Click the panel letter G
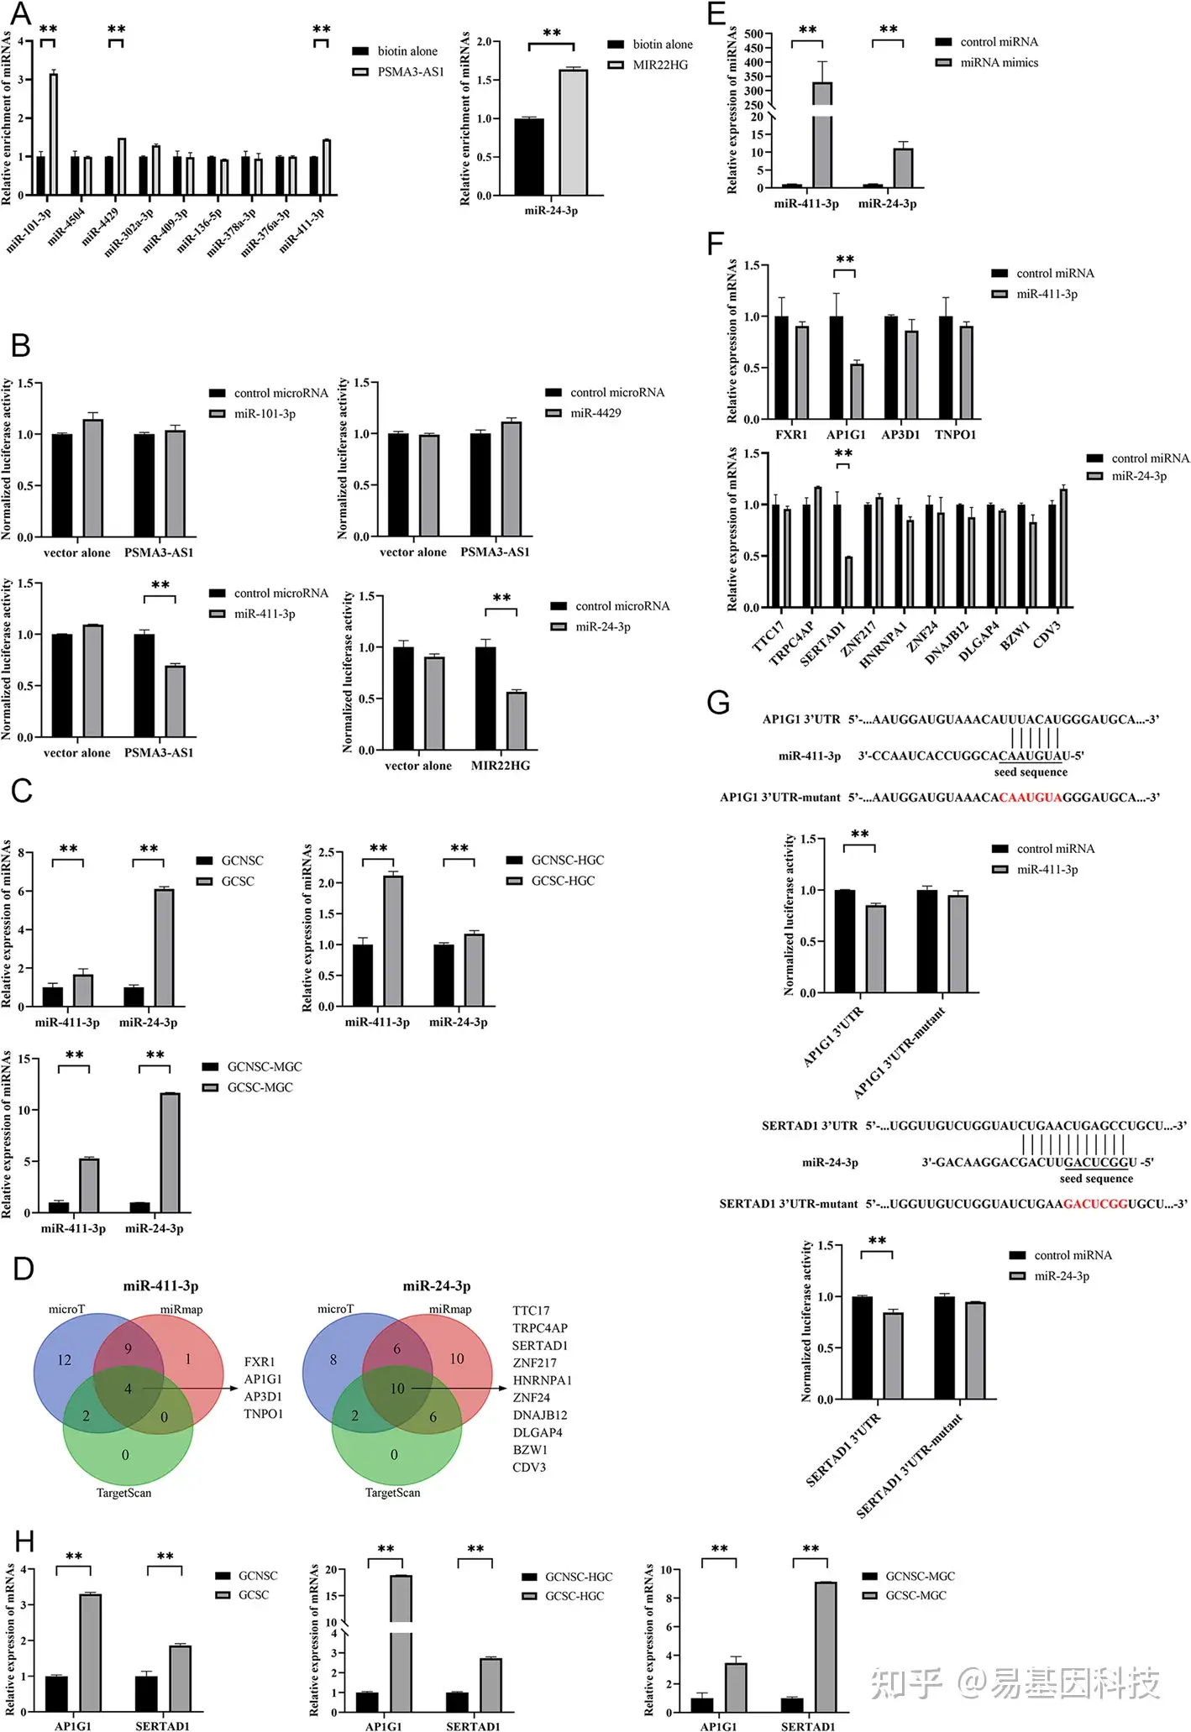718,702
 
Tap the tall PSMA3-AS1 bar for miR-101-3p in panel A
54,134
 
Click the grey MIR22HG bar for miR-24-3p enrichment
574,133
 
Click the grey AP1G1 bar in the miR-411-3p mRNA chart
857,391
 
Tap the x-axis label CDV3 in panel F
1047,634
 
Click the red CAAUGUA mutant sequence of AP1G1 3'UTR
1031,797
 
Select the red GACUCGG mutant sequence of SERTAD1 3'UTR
1095,1204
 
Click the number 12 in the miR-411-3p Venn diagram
64,1360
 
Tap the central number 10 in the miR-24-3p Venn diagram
397,1389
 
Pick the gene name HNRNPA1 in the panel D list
542,1380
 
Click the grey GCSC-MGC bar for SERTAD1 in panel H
825,1646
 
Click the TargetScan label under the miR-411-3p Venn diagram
124,1493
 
